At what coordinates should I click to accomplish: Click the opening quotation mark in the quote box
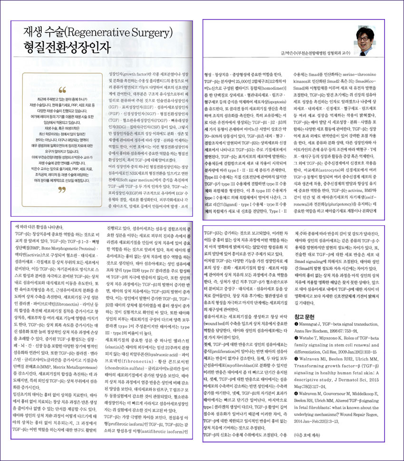pyautogui.click(x=62, y=90)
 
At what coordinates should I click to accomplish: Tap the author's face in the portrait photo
pyautogui.click(x=367, y=36)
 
